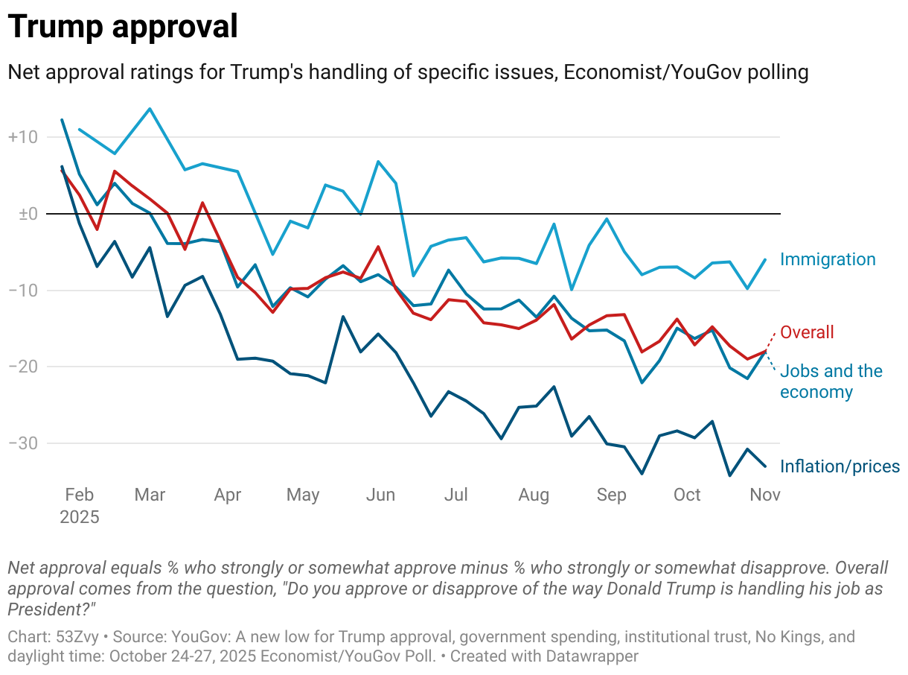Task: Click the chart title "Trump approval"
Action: (x=123, y=28)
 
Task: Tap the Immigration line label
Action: (x=828, y=259)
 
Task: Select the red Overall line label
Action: (x=807, y=332)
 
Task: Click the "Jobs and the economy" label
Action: (x=831, y=381)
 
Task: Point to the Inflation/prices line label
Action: (x=840, y=466)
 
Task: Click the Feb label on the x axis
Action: (x=79, y=495)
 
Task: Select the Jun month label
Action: (x=380, y=495)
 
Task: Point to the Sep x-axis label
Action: (x=611, y=495)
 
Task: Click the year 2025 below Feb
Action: (x=79, y=517)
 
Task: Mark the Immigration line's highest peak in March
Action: (x=150, y=109)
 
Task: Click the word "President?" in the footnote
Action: (x=53, y=609)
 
